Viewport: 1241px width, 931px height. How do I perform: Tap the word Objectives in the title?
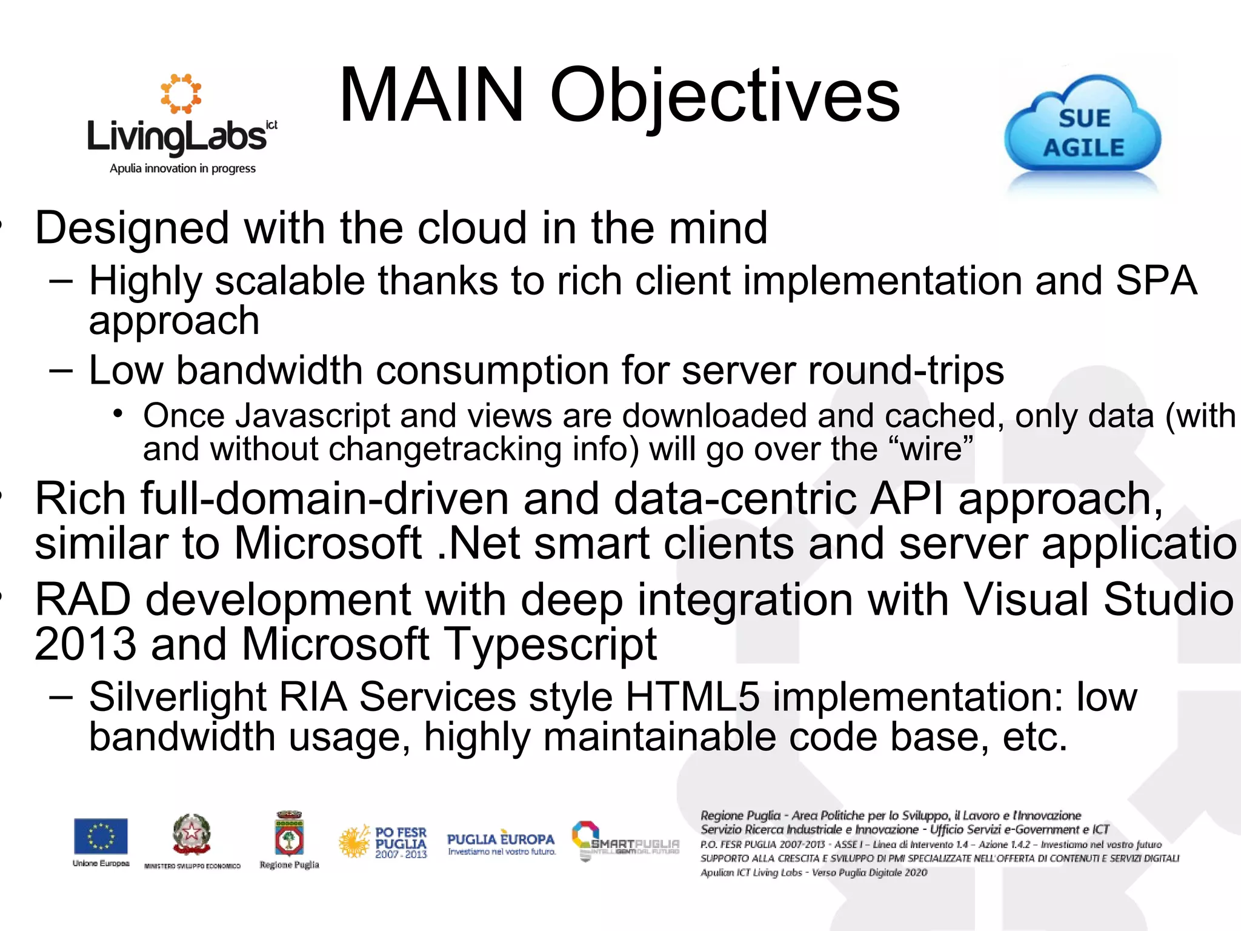(725, 97)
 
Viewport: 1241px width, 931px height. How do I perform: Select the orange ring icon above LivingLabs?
(181, 94)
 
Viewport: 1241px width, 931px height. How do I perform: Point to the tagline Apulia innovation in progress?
(182, 169)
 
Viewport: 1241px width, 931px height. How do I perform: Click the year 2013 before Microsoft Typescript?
(85, 644)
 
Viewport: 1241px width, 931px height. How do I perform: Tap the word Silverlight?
(178, 697)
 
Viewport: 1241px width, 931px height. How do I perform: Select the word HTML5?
(692, 697)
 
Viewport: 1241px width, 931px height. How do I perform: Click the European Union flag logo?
(101, 836)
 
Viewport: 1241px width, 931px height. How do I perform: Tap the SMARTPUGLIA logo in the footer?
(625, 841)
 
